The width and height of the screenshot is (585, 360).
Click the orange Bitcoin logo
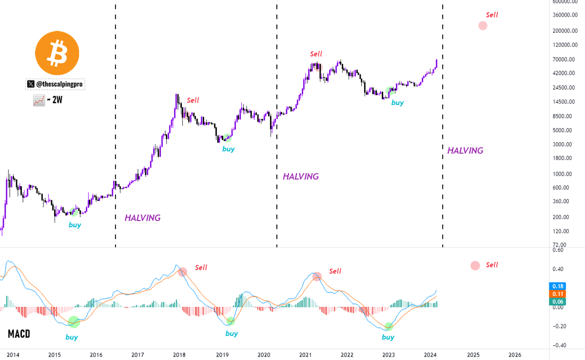click(x=58, y=53)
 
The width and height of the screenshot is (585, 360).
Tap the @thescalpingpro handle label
click(x=55, y=84)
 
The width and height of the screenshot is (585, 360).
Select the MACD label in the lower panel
click(x=19, y=334)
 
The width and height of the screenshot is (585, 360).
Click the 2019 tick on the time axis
click(x=222, y=355)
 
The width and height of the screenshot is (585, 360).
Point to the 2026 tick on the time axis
click(x=514, y=355)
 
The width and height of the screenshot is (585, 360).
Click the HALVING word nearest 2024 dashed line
click(x=465, y=151)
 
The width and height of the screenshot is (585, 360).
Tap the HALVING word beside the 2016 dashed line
click(x=142, y=218)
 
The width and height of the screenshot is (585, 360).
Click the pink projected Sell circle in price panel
click(x=483, y=25)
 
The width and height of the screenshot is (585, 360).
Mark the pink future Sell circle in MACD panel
click(x=475, y=265)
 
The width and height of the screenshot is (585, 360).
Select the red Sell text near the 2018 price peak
click(x=193, y=100)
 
